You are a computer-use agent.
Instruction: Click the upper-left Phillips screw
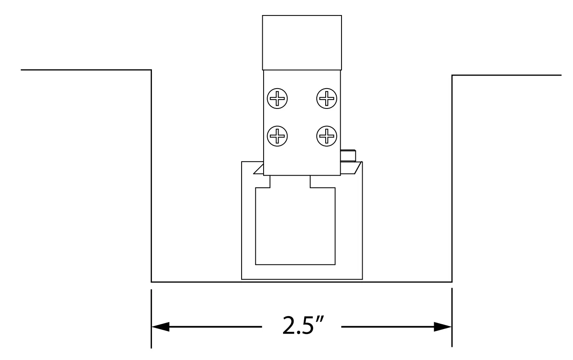point(277,98)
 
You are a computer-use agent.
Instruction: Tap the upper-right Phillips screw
point(327,98)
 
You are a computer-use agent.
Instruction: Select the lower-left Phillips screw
point(277,135)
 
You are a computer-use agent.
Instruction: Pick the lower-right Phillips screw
point(327,135)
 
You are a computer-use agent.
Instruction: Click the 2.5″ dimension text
point(301,325)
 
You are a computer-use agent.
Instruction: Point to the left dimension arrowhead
point(161,326)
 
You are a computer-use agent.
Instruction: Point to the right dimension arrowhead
point(443,326)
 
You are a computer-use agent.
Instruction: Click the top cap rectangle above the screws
point(302,43)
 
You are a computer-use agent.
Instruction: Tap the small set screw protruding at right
point(348,155)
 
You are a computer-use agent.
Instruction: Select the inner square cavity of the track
point(295,228)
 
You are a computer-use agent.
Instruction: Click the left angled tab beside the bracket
point(258,169)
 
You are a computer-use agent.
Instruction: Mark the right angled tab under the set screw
point(352,167)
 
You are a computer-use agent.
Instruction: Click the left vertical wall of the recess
point(151,175)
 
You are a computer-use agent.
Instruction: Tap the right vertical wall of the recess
point(452,179)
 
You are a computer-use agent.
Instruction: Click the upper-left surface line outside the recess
point(85,70)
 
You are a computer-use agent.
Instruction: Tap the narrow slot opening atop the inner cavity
point(290,182)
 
